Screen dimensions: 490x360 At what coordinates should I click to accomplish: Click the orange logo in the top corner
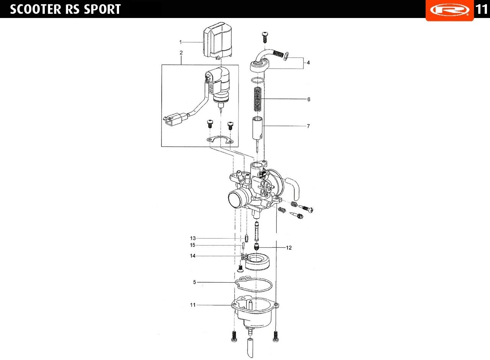(x=449, y=10)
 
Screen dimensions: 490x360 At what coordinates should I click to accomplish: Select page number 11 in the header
(x=482, y=9)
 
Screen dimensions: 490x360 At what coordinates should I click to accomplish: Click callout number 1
(x=181, y=41)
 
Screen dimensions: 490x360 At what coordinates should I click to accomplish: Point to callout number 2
(x=181, y=52)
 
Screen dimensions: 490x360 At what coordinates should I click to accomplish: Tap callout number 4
(x=308, y=62)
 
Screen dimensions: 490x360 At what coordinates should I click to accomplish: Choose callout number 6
(x=309, y=99)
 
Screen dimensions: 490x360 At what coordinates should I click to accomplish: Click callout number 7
(x=308, y=126)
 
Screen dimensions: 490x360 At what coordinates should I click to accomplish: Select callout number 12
(x=289, y=248)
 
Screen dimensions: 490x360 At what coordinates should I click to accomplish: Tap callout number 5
(x=194, y=282)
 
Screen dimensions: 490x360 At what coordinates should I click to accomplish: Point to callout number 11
(x=193, y=305)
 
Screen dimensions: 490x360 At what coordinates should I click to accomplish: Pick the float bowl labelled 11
(x=253, y=312)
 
